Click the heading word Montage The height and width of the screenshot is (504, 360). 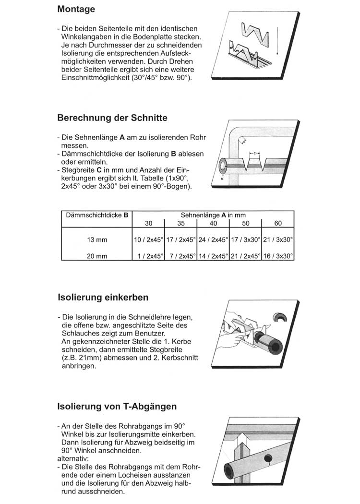pos(76,9)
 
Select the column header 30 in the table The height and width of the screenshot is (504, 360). pos(148,223)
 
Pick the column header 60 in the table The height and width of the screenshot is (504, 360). pos(278,223)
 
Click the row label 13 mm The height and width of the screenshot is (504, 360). pos(96,239)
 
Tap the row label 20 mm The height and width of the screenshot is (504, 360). pos(96,256)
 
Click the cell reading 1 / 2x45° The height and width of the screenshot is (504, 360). pos(148,256)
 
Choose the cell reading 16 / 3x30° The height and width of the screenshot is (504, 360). pos(278,256)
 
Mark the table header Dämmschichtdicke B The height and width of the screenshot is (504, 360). pos(96,216)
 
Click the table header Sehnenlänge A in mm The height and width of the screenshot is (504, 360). pos(213,216)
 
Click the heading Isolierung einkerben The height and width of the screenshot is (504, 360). pos(103,298)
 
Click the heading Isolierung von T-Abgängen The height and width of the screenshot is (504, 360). pos(117,407)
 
